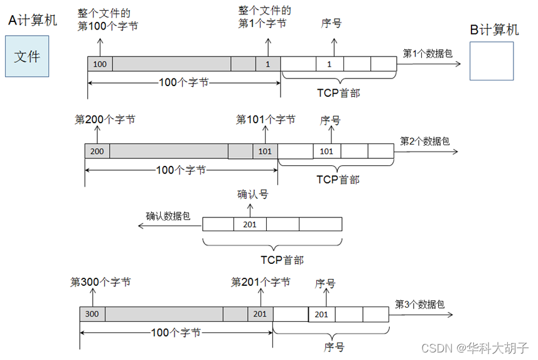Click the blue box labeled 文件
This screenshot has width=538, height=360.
[x=27, y=57]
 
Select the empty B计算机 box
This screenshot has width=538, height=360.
[x=492, y=61]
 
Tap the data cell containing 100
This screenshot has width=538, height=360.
[x=100, y=64]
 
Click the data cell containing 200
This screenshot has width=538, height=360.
[x=97, y=151]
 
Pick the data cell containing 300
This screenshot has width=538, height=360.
[x=92, y=314]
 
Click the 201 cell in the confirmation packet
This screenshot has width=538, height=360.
[x=250, y=224]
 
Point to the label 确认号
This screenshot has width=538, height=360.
[x=252, y=195]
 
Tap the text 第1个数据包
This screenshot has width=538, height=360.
[x=428, y=53]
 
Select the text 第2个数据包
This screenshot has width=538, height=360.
[x=425, y=141]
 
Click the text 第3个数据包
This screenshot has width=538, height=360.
[x=420, y=304]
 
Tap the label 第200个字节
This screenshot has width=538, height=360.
[x=104, y=119]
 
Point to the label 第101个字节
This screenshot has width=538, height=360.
[x=266, y=119]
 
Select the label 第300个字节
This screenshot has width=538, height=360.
[x=100, y=283]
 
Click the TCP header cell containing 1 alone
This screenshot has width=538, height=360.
[x=329, y=64]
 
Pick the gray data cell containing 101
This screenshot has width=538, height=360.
[x=265, y=151]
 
